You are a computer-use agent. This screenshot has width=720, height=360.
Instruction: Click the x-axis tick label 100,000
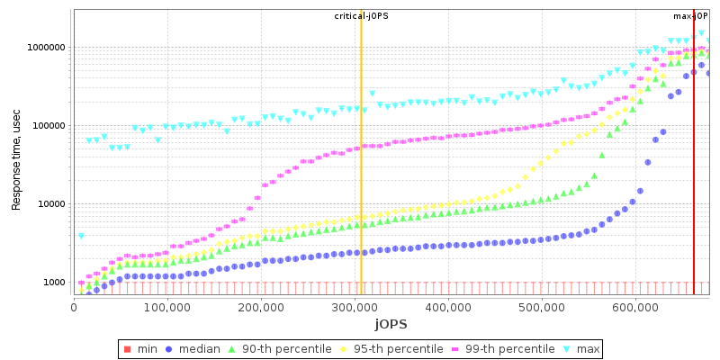click(x=167, y=306)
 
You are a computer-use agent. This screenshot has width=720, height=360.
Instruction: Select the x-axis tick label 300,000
click(x=355, y=306)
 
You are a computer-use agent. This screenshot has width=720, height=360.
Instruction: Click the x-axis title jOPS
click(x=391, y=323)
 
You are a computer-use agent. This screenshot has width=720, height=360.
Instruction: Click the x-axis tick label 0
click(x=74, y=306)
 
